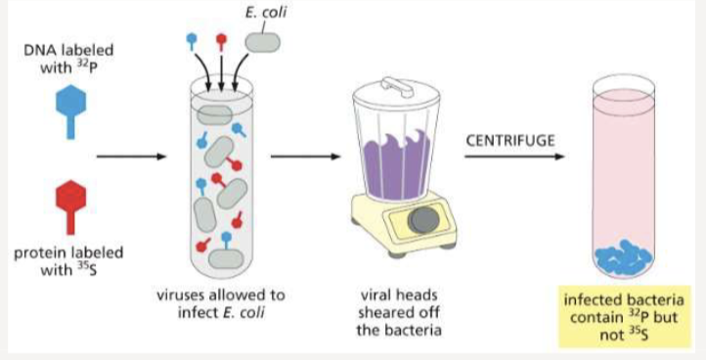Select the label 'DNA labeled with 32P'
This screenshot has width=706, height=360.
point(66,57)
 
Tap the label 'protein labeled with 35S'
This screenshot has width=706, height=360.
point(68,260)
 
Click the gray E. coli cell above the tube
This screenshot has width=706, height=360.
point(261,41)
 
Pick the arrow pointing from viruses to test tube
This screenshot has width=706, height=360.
point(127,156)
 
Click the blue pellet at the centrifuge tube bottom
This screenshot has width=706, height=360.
point(625,257)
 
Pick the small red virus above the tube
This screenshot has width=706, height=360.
point(222,41)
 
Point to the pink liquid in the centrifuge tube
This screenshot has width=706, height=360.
point(625,166)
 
